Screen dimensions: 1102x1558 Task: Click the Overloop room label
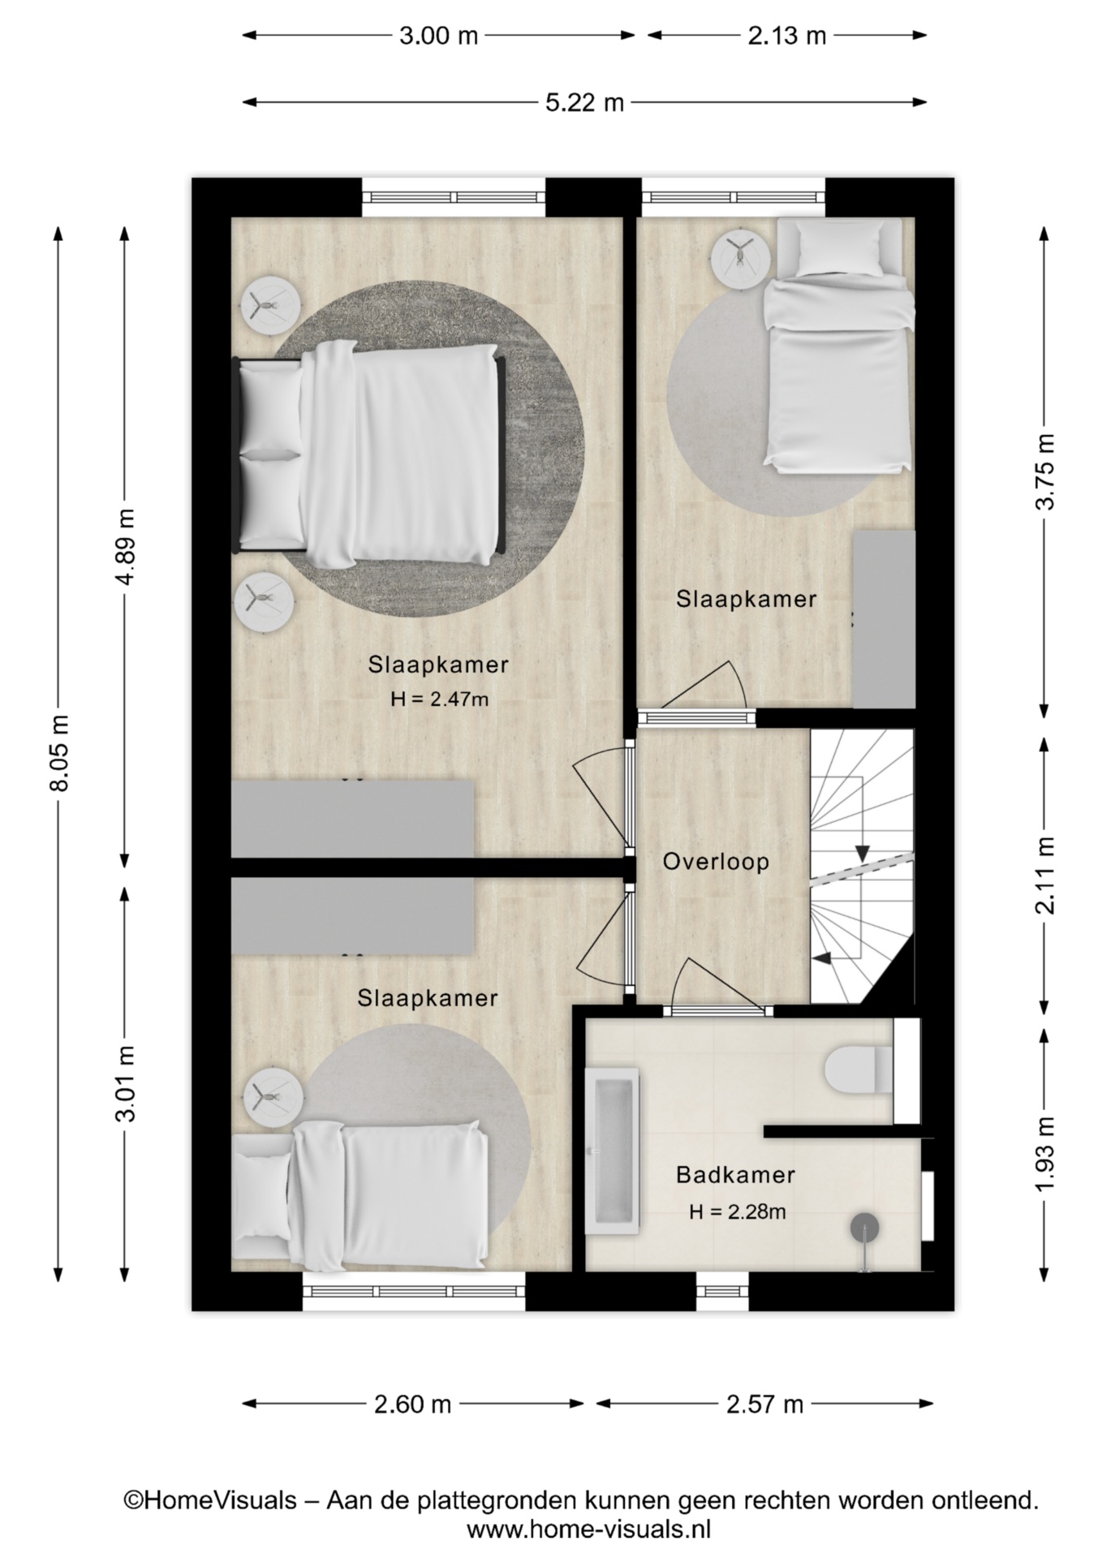coord(716,862)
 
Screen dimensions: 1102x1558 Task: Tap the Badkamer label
coord(735,1174)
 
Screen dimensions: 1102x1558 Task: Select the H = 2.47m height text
coord(439,699)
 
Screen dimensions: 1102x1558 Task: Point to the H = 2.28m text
coord(737,1212)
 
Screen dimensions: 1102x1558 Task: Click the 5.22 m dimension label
coord(584,103)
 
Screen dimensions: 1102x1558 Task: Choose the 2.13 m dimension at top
coord(786,36)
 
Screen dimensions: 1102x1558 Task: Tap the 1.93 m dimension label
coord(1046,1153)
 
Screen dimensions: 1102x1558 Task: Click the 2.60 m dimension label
coord(412,1404)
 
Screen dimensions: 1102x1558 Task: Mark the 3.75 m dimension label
coord(1046,471)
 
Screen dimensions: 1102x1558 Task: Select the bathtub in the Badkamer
coord(613,1150)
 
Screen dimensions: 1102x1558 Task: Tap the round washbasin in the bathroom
coord(864,1228)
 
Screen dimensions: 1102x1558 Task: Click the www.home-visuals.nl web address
coord(588,1530)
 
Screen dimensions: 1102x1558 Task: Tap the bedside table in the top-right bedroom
coord(740,258)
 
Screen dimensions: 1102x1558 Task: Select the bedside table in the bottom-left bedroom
coord(273,1096)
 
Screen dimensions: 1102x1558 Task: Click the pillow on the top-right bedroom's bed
coord(838,249)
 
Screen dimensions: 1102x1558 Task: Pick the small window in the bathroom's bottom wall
coord(722,1291)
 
